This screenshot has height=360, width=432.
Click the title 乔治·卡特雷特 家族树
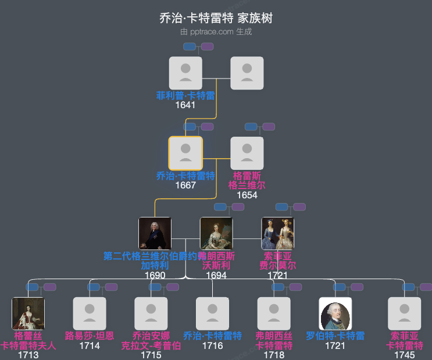click(x=216, y=18)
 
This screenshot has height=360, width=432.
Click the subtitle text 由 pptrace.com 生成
click(x=216, y=32)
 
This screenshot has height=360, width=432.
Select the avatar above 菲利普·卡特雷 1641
click(x=185, y=73)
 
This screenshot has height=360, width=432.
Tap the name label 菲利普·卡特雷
click(x=185, y=95)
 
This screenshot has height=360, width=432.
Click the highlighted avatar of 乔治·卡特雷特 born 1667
click(x=185, y=153)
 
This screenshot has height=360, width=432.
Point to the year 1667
click(x=185, y=185)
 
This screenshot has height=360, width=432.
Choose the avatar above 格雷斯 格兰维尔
click(x=247, y=153)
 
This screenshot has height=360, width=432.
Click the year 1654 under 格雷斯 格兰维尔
click(x=247, y=195)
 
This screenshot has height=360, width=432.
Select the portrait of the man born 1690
click(x=155, y=233)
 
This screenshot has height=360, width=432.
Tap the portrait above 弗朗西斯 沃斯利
click(x=216, y=233)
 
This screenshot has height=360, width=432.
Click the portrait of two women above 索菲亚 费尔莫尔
click(x=277, y=233)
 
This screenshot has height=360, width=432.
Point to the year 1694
click(x=216, y=275)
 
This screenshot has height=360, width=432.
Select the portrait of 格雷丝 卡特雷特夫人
click(x=28, y=313)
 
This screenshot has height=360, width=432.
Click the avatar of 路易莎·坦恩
click(x=90, y=313)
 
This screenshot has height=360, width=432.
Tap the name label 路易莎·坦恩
click(x=90, y=336)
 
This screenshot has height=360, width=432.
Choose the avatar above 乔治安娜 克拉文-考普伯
click(x=151, y=313)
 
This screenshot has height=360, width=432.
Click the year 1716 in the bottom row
click(x=213, y=345)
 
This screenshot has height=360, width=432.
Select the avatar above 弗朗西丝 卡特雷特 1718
click(x=274, y=313)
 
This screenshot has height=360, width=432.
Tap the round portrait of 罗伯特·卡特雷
click(x=335, y=313)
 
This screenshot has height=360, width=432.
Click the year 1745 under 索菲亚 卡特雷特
click(x=404, y=355)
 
